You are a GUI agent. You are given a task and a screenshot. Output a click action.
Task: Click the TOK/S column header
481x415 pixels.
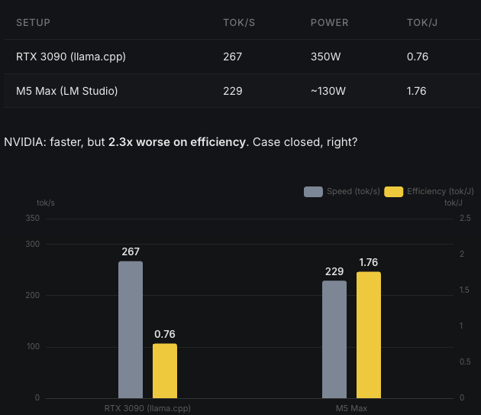[238, 23]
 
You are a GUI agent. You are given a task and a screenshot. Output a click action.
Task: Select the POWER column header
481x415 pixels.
[329, 23]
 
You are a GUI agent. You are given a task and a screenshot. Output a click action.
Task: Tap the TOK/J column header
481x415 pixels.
[422, 23]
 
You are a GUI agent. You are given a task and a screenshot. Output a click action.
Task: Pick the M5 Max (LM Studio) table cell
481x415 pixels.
[67, 91]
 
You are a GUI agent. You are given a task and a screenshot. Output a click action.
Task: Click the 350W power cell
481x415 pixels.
[326, 57]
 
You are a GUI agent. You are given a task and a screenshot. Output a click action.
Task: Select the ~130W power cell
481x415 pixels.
[328, 91]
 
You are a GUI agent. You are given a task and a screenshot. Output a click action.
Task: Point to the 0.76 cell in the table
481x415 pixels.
[417, 57]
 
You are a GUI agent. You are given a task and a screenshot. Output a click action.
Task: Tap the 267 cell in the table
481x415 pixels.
[232, 57]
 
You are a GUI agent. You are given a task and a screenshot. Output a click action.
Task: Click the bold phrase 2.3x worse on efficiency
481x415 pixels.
[177, 142]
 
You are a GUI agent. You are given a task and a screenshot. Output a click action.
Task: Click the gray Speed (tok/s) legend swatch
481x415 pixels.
[313, 192]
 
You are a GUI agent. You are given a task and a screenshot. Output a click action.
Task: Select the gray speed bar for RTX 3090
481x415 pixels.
[131, 329]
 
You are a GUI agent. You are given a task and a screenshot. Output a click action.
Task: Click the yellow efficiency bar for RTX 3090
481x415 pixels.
[165, 371]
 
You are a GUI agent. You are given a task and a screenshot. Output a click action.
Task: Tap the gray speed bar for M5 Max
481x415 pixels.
[334, 339]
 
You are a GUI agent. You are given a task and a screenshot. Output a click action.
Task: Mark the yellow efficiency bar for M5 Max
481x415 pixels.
[368, 335]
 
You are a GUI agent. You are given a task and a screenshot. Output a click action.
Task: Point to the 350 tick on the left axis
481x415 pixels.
[32, 219]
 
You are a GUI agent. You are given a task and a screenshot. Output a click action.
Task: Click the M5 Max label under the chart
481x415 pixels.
[351, 408]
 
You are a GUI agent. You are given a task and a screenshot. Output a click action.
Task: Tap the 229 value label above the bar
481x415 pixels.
[334, 271]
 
